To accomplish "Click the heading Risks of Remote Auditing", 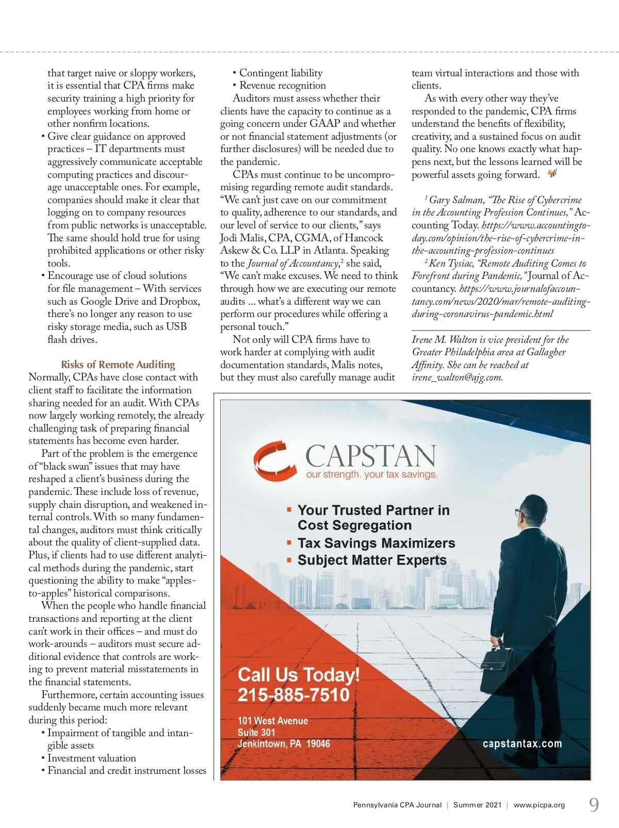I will [118, 365].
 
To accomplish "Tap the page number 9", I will [594, 805].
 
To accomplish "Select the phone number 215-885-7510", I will [294, 694].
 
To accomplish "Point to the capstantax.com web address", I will [522, 743].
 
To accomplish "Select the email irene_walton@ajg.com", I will [457, 377].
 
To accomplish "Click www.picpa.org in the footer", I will [539, 805].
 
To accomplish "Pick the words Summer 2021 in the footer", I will [477, 805].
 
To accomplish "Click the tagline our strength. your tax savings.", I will [371, 474].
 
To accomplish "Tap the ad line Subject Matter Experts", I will [372, 560].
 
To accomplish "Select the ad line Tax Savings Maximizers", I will [376, 543].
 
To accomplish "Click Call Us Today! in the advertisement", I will [298, 674].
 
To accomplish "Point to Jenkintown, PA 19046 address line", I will [283, 743].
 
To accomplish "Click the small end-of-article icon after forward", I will [552, 174].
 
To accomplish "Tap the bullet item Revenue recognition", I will [282, 86].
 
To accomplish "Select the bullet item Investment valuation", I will [91, 758].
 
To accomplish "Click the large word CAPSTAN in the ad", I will [371, 455].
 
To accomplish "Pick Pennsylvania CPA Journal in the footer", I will [397, 805].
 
